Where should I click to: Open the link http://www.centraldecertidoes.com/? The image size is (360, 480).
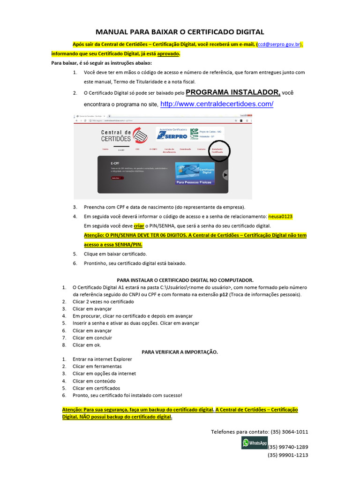217,104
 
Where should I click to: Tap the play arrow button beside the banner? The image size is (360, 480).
225,175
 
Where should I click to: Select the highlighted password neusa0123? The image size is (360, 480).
280,217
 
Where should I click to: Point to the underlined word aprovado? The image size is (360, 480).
168,53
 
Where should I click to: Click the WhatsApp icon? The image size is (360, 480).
254,443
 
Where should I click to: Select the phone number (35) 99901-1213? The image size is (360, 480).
288,455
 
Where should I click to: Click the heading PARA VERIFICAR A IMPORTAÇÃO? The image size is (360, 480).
180,352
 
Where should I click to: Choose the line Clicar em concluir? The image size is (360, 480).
92,337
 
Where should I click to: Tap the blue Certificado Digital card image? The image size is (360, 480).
194,173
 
